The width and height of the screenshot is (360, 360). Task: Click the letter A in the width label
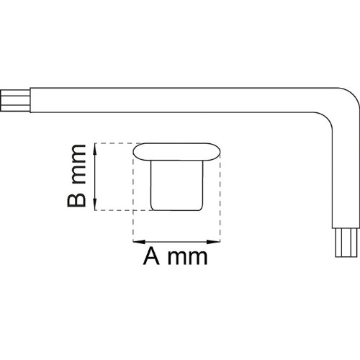coord(151,256)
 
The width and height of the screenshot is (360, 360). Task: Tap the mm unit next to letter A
coord(187,258)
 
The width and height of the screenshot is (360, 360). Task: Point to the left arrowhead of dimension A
coord(139,242)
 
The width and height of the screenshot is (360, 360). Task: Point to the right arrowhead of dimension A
coord(214,242)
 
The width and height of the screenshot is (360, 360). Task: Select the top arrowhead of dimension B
coord(95,149)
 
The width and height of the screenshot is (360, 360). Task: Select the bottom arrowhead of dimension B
coord(95,204)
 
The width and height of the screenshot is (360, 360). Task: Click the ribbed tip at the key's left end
coord(15,100)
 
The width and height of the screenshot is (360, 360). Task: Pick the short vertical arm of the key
coord(346,180)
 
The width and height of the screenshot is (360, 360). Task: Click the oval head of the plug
coord(176,152)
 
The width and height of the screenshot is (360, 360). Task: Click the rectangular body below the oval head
coord(176,185)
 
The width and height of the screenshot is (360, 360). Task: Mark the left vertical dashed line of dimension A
coord(133,197)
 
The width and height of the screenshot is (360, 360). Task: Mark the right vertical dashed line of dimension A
coord(220,197)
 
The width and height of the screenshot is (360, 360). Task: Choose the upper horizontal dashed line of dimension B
coord(117,143)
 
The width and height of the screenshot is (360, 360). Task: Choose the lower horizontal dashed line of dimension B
coord(124,210)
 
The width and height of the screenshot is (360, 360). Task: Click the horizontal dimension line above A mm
coord(176,242)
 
